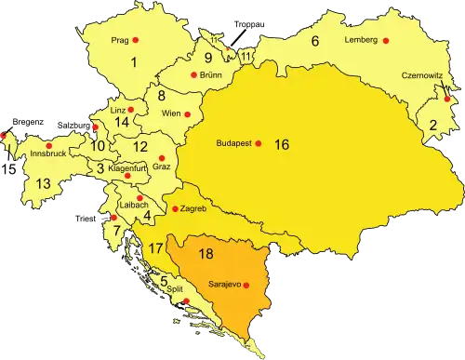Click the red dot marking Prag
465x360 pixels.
[x=136, y=40]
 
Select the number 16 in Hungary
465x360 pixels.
[x=282, y=145]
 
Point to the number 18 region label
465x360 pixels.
[x=206, y=253]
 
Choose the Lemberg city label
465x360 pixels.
[x=360, y=41]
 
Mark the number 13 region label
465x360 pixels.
[x=43, y=184]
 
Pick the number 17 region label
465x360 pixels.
[x=155, y=248]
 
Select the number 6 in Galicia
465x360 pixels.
[x=314, y=41]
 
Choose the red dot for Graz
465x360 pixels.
[x=162, y=158]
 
